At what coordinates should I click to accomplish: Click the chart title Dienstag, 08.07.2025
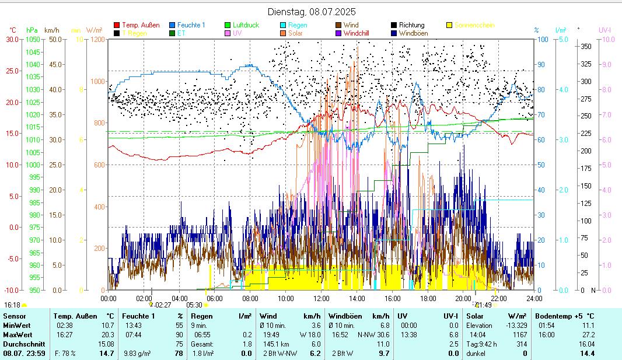pyautogui.click(x=311, y=12)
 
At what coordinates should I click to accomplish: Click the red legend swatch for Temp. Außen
pyautogui.click(x=117, y=25)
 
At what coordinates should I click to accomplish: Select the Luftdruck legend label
pyautogui.click(x=248, y=25)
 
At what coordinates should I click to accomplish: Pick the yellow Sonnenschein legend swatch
pyautogui.click(x=449, y=25)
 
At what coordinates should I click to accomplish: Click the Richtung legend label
pyautogui.click(x=412, y=25)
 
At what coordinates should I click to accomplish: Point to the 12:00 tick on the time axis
pyautogui.click(x=321, y=298)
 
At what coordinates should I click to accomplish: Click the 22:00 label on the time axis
pyautogui.click(x=498, y=298)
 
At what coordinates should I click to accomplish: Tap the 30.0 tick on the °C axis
pyautogui.click(x=12, y=39)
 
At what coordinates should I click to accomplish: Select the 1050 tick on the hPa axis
pyautogui.click(x=33, y=39)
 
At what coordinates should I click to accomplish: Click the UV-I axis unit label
pyautogui.click(x=605, y=30)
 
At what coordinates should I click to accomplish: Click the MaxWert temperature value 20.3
pyautogui.click(x=107, y=335)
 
